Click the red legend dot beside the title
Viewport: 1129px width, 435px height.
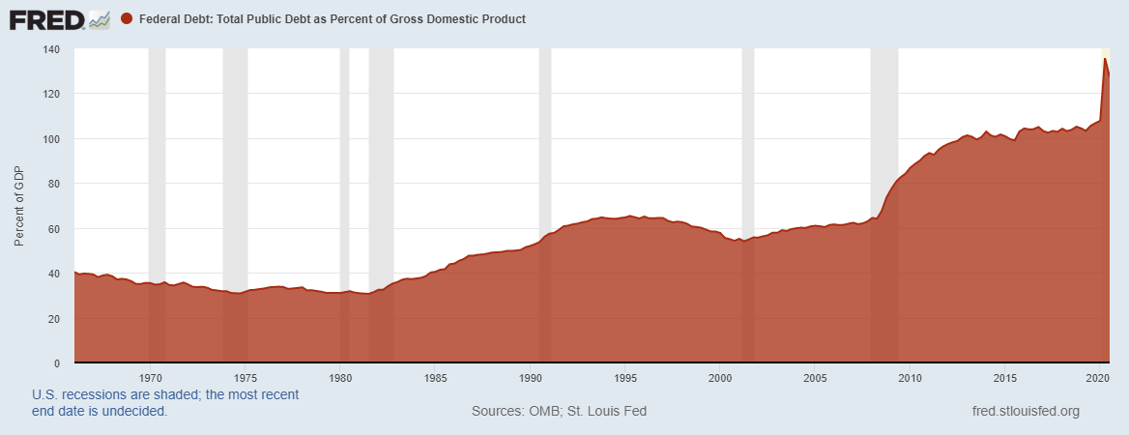pos(127,19)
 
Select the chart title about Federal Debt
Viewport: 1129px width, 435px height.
pos(333,19)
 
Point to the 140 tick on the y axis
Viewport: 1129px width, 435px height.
pos(52,49)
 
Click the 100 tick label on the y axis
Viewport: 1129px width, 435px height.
pos(52,139)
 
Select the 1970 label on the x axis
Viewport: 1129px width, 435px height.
pos(150,377)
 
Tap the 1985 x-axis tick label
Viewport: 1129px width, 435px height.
pos(435,377)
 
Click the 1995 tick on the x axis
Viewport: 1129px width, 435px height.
pos(625,377)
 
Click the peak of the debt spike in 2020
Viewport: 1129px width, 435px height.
pos(1105,60)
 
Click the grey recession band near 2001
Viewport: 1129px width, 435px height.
pos(747,145)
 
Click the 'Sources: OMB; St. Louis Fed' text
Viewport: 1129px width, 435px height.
pos(559,411)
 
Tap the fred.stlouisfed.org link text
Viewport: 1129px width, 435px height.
pos(1025,411)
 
